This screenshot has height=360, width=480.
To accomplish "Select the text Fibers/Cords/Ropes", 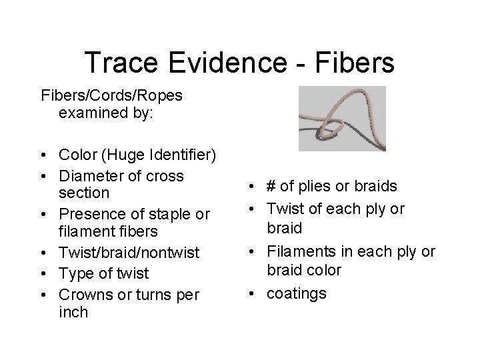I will coord(111,95).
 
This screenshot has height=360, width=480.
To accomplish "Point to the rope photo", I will coord(342,118).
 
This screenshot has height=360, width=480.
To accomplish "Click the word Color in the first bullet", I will coord(77,155).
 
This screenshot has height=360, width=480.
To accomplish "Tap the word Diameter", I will coord(91,176).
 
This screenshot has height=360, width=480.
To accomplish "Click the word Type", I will coord(75,274).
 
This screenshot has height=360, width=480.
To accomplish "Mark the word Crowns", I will coord(84,295).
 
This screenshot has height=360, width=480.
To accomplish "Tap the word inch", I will coord(73,313).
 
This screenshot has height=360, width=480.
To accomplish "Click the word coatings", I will coord(297,293).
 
